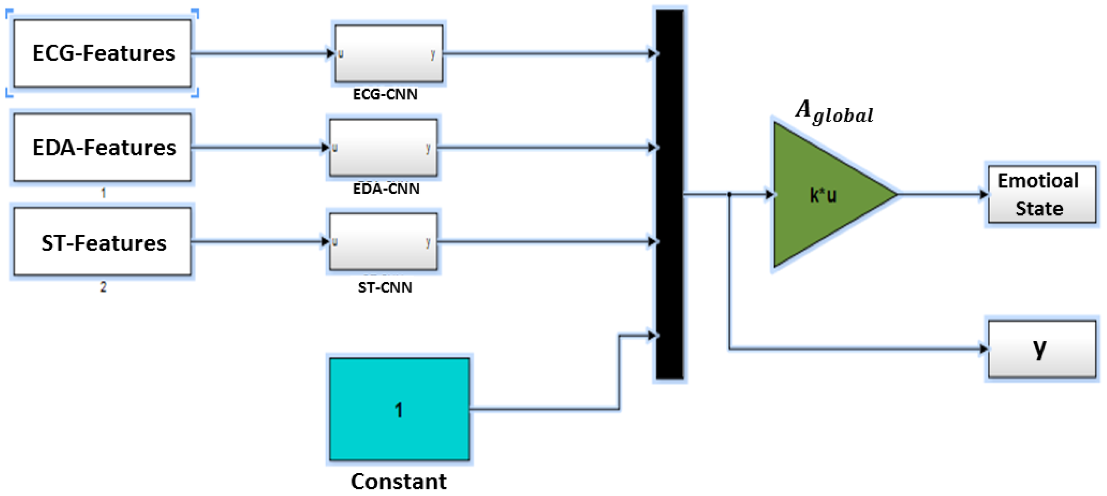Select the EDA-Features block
pos(102,147)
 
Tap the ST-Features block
pos(102,242)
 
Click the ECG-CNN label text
pos(385,94)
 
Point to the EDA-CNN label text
pos(386,189)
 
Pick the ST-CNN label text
pos(385,287)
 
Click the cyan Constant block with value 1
pos(399,409)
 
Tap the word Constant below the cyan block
pos(399,481)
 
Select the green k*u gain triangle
pos(823,195)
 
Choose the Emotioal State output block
pos(1041,194)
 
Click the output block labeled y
pos(1041,349)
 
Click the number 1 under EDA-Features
pos(103,193)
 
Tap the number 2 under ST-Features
pos(103,287)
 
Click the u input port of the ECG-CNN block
pos(340,54)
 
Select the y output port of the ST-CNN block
pos(428,242)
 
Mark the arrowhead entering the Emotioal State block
pos(983,194)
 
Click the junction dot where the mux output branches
pos(729,194)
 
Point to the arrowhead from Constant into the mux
pos(652,335)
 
